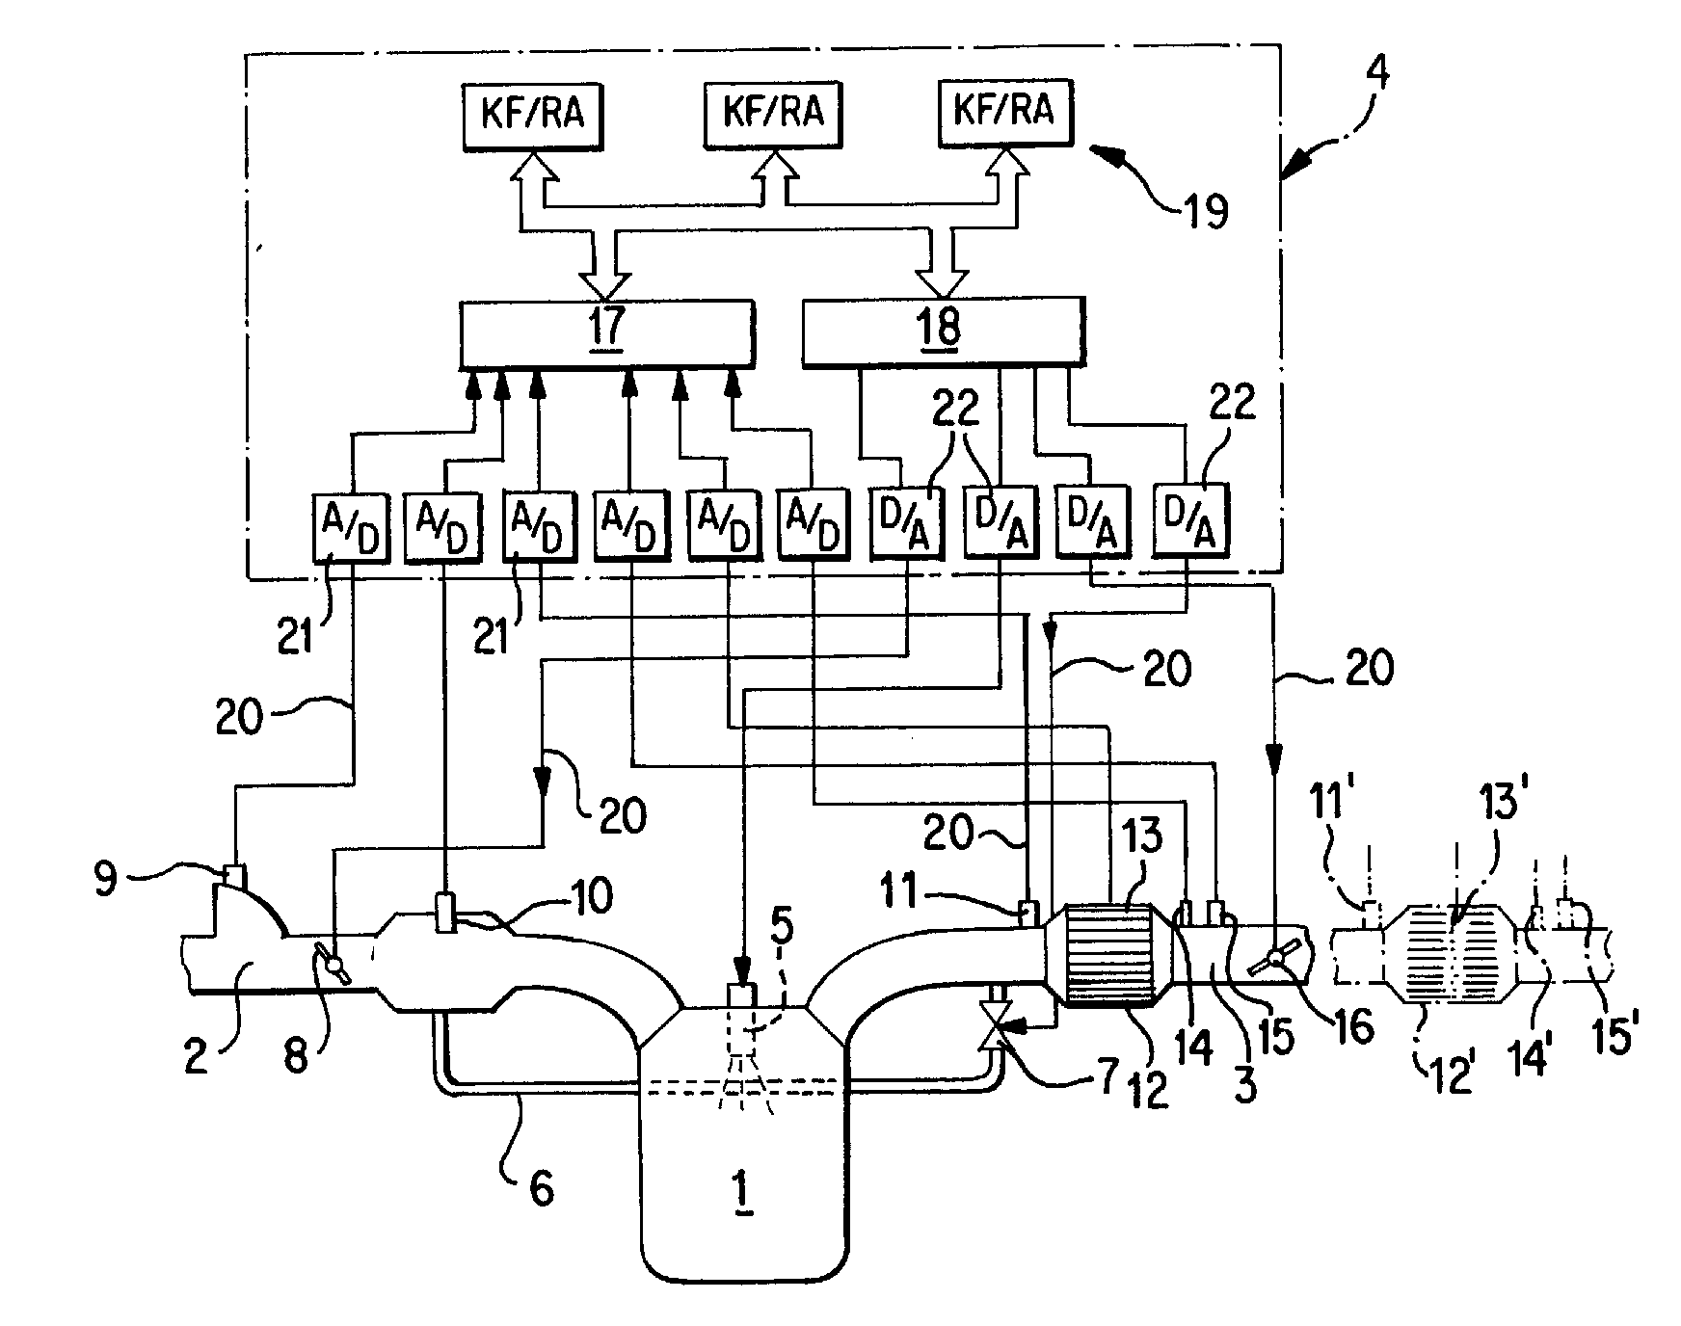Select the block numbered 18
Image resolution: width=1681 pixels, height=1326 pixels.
coord(942,330)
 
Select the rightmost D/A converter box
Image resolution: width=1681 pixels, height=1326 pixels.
coord(1191,520)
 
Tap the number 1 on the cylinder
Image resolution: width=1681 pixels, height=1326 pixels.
coord(743,1193)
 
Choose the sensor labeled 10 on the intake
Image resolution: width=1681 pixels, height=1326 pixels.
coord(445,913)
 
